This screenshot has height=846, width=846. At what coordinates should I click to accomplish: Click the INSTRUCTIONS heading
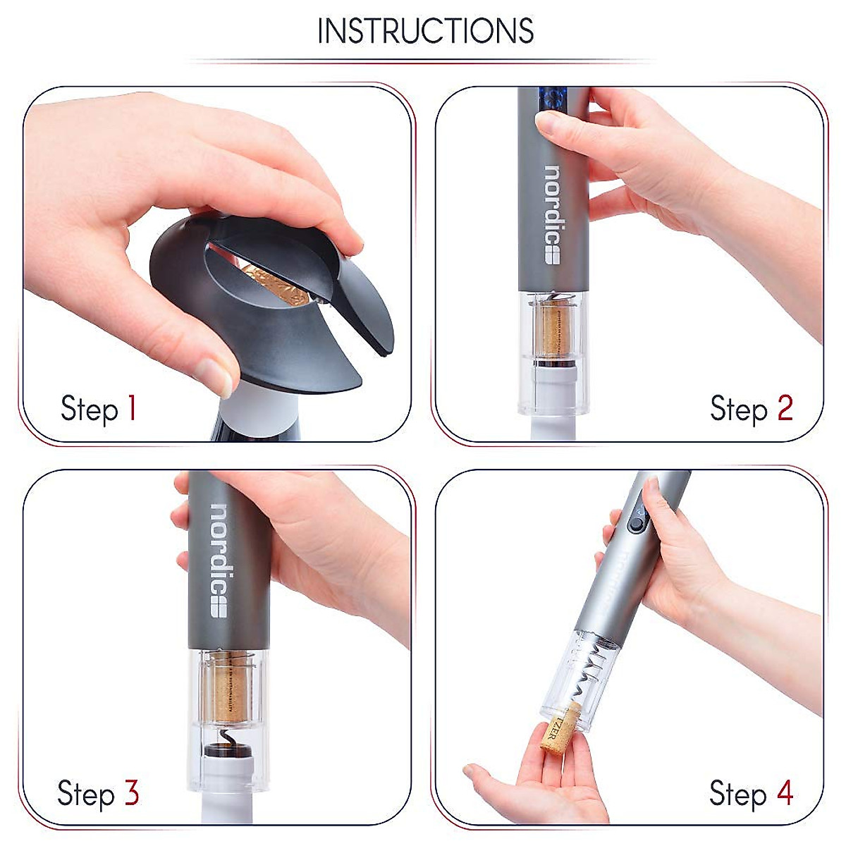coord(425,31)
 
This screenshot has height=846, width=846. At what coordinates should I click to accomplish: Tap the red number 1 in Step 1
coord(130,408)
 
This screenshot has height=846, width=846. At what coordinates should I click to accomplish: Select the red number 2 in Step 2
coord(785,408)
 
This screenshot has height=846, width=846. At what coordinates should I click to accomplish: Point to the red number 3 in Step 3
coord(132,793)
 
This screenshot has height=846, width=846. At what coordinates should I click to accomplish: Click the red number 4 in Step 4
coord(785,793)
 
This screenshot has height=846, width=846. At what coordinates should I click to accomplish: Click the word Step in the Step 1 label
coord(89,410)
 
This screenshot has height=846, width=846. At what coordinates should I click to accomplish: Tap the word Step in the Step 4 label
coord(738,795)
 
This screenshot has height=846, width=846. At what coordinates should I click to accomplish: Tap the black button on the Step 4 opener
coord(637,523)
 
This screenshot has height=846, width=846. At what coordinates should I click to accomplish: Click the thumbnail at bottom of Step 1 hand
coord(215,376)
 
